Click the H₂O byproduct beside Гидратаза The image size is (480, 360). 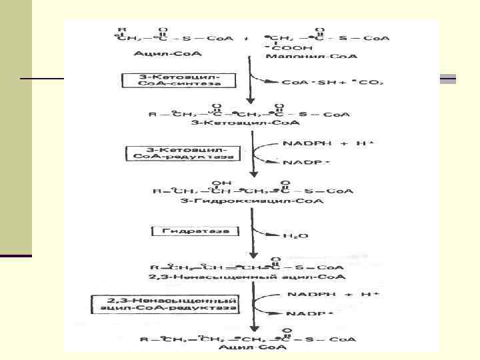point(292,235)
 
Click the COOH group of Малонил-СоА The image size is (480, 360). point(278,49)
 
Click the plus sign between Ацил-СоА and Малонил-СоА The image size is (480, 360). point(246,39)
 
